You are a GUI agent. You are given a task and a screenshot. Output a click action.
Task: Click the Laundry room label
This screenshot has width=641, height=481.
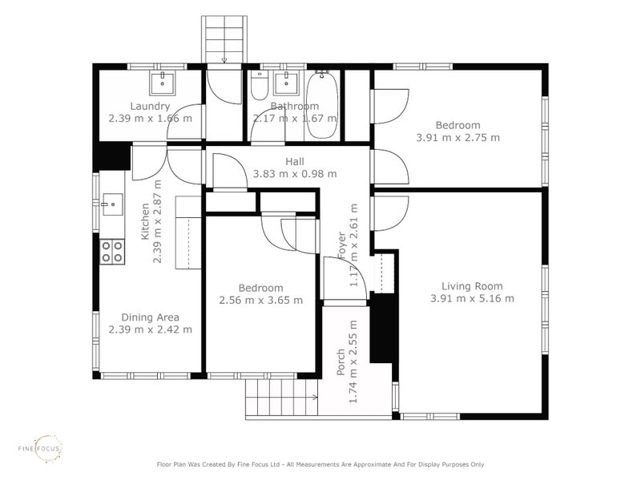tap(150, 107)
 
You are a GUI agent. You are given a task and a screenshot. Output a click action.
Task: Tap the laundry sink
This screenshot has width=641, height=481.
tap(163, 83)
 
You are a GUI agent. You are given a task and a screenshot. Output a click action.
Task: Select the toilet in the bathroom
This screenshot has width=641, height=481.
tap(259, 86)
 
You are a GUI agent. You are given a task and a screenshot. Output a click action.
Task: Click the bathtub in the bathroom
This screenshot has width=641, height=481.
tap(322, 105)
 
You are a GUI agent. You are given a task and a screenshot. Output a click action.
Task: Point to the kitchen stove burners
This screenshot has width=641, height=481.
tap(112, 252)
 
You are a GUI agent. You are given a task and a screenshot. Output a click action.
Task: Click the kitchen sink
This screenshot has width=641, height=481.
tap(112, 204)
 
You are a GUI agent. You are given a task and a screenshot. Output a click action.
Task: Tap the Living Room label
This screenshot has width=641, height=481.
tap(472, 286)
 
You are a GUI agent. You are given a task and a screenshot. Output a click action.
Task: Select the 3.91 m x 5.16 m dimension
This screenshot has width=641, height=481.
tap(472, 298)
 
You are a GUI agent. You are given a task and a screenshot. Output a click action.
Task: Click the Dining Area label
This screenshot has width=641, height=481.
tap(150, 317)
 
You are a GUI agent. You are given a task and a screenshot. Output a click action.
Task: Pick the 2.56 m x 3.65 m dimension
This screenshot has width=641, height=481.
tap(261, 301)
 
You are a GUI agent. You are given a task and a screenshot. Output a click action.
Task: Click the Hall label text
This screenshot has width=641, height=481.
tap(295, 162)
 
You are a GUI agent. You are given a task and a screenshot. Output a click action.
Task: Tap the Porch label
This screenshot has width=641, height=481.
tap(341, 362)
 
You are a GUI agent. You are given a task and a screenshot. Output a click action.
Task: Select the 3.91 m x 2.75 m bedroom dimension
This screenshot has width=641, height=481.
tap(458, 138)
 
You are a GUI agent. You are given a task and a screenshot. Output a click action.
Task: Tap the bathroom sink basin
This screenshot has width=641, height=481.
tap(286, 83)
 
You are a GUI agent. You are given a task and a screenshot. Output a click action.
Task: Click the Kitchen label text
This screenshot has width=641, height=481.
tap(145, 222)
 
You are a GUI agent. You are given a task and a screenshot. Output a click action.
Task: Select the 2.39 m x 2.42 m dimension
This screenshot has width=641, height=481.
tap(150, 329)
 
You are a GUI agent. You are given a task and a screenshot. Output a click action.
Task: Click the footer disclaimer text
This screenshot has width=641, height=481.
tap(320, 464)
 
